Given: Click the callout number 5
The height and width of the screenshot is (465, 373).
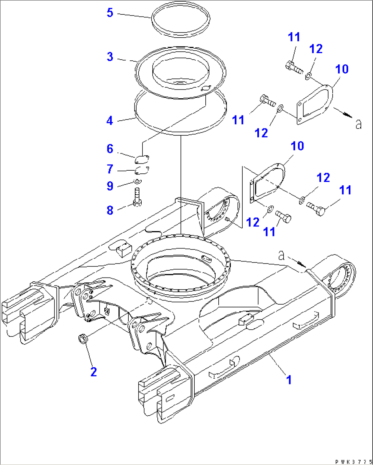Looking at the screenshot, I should [x=110, y=13].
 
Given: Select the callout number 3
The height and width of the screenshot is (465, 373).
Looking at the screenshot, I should [x=110, y=57].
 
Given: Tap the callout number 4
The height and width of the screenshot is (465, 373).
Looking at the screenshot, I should [x=110, y=121].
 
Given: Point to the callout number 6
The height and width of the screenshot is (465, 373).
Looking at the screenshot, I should [x=110, y=149].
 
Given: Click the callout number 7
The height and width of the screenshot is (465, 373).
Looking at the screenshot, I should [x=110, y=169].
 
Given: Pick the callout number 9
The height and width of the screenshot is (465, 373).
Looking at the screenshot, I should [x=110, y=186].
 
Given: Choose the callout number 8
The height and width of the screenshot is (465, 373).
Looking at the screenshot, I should [x=110, y=210].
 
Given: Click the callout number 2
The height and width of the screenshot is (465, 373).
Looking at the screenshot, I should [x=93, y=372].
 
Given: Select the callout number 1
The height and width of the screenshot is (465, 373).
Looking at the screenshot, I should [x=289, y=380].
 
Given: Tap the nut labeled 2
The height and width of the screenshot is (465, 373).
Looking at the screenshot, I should [x=82, y=339].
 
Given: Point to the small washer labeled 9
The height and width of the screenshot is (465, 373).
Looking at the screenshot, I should [x=137, y=181].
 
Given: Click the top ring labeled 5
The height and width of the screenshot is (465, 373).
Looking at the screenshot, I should [x=181, y=21].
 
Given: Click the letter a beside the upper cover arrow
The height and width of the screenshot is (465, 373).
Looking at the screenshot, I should [x=358, y=123].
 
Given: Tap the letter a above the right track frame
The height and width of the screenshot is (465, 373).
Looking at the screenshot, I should [x=281, y=255].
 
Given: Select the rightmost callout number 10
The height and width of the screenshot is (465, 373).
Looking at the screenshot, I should [x=342, y=69].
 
